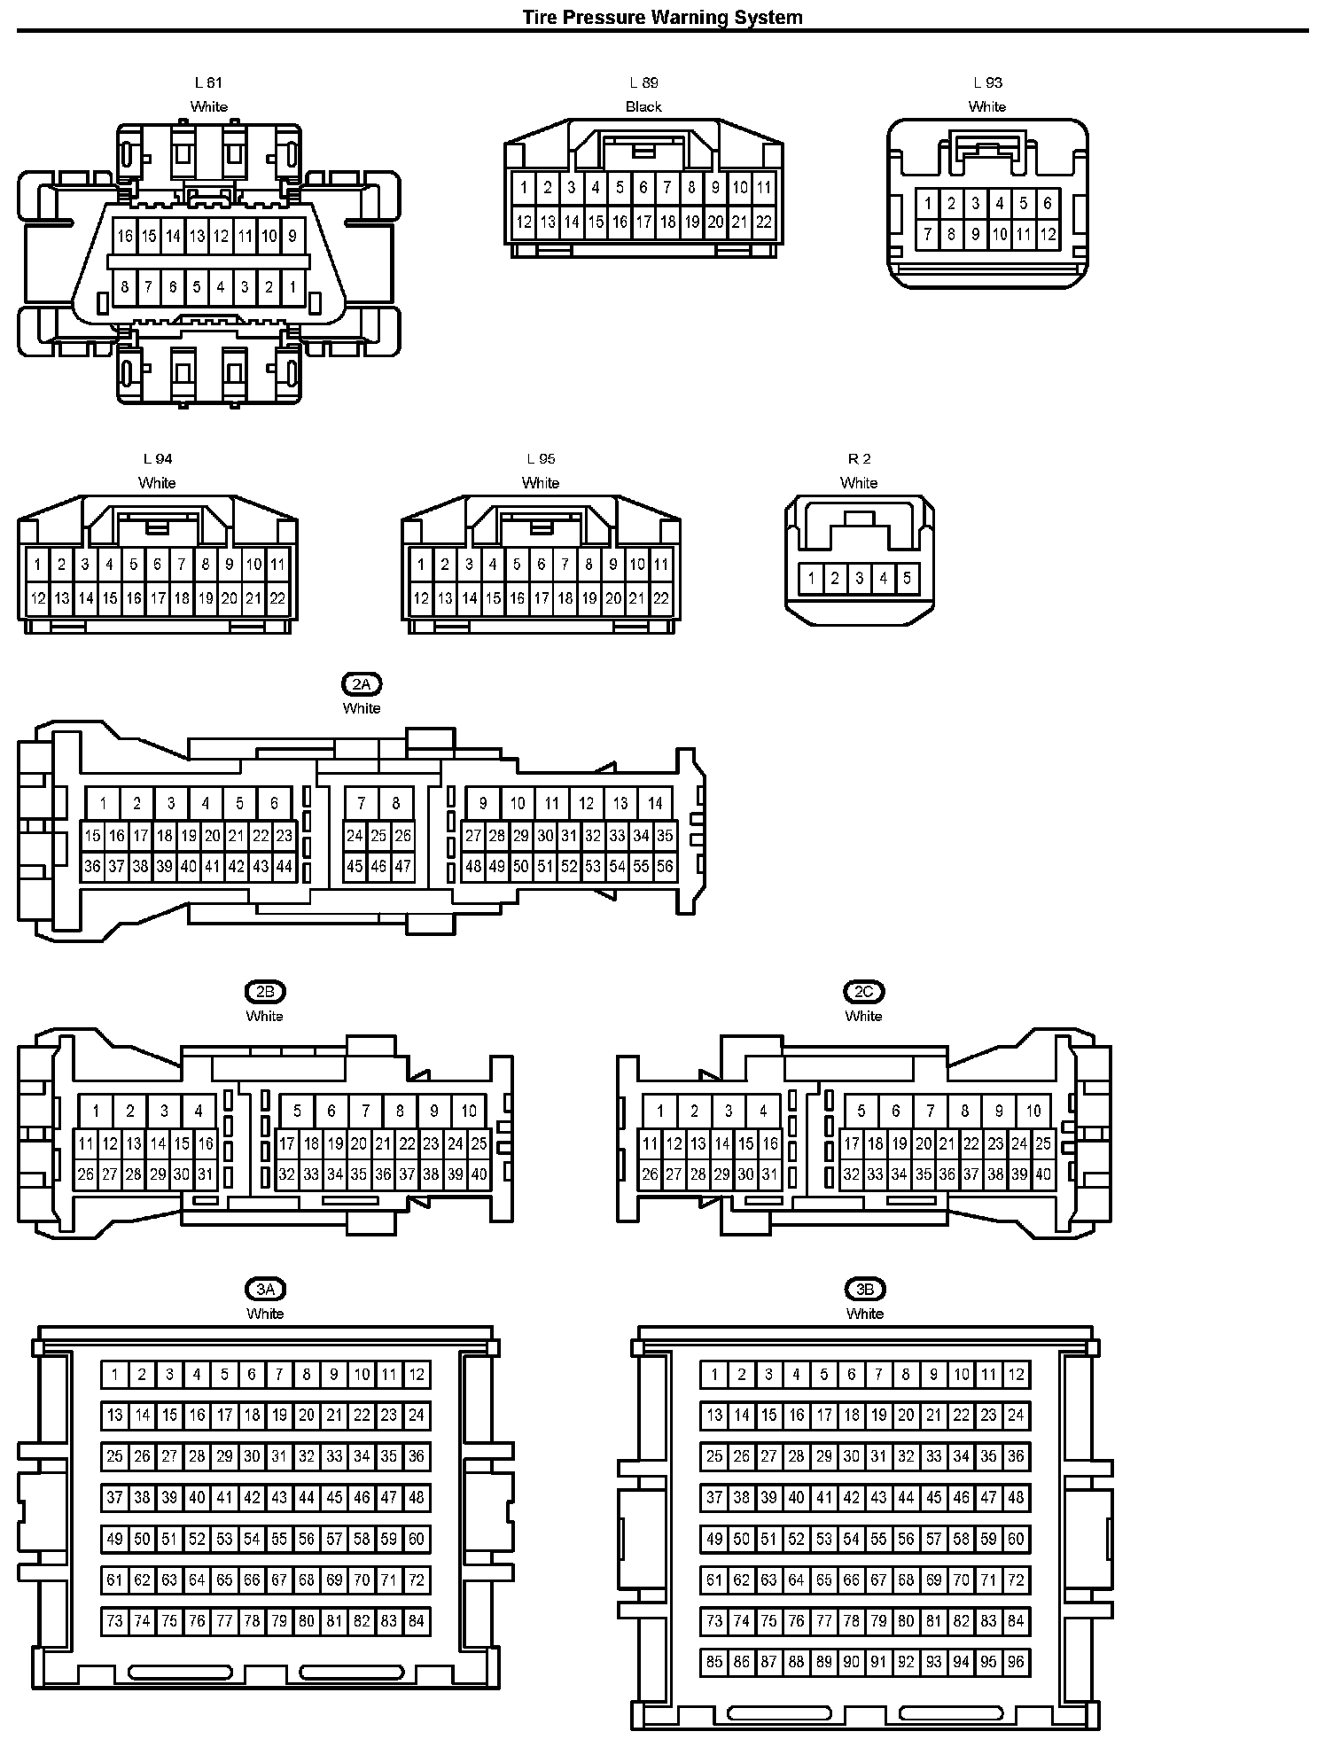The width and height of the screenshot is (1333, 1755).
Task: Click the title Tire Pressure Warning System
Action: (662, 17)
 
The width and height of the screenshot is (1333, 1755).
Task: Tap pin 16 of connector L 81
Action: (125, 236)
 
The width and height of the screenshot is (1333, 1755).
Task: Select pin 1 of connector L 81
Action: (292, 286)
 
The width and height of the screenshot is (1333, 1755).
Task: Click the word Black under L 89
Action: (643, 106)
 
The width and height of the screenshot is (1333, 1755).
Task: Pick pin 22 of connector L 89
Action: (763, 222)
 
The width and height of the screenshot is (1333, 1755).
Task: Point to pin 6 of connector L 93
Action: (1048, 203)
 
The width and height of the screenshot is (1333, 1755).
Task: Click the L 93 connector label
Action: (987, 82)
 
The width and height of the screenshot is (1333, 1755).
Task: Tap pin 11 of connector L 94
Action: (277, 564)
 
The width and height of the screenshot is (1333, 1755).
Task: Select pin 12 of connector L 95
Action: (421, 598)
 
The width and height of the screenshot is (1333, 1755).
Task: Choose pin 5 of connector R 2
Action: (907, 579)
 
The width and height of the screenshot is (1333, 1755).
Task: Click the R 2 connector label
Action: (859, 458)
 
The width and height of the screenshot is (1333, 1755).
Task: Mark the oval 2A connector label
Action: (362, 684)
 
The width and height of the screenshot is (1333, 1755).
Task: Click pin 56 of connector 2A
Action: (665, 867)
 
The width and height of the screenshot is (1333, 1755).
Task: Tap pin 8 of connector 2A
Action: (395, 804)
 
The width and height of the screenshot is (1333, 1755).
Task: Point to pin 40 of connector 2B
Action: (479, 1174)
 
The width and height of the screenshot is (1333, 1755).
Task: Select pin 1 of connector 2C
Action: (659, 1111)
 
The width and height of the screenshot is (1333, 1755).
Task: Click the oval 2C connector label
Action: (863, 992)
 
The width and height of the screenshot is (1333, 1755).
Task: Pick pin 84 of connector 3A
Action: (417, 1621)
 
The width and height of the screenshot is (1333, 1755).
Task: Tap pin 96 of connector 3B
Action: (1016, 1662)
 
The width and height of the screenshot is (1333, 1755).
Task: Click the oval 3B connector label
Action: (865, 1290)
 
